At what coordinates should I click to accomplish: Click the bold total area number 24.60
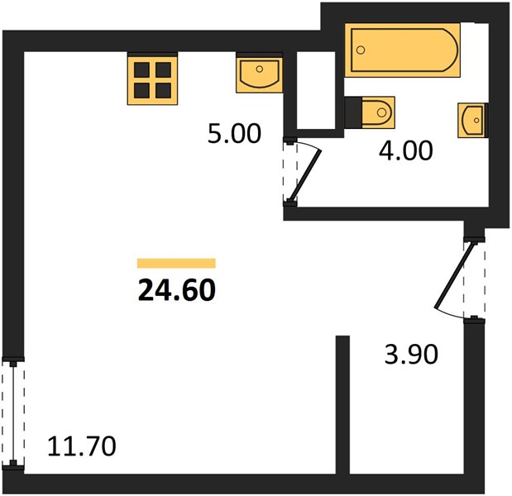tap(177, 290)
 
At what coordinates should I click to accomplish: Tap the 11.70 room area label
tap(82, 446)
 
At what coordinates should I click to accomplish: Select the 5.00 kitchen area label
tap(234, 133)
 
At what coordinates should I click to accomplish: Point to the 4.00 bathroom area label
tap(406, 150)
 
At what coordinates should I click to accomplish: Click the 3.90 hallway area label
tap(411, 355)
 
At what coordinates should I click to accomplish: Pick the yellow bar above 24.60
tap(176, 263)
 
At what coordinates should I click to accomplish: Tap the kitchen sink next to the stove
tap(259, 75)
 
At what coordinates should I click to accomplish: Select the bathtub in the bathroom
tap(403, 50)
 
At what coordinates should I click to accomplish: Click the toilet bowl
tap(379, 112)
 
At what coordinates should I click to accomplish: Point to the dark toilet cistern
tap(354, 112)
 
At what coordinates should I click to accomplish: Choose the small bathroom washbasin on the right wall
tap(471, 120)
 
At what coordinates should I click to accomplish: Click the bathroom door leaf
tap(306, 175)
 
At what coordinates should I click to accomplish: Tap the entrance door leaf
tap(453, 274)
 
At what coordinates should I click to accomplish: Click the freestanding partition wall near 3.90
tap(343, 404)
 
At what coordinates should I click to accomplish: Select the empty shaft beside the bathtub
tap(316, 90)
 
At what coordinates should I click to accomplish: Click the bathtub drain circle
tap(361, 50)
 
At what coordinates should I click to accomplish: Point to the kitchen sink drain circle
tap(260, 69)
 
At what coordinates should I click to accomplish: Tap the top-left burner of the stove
tap(141, 69)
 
